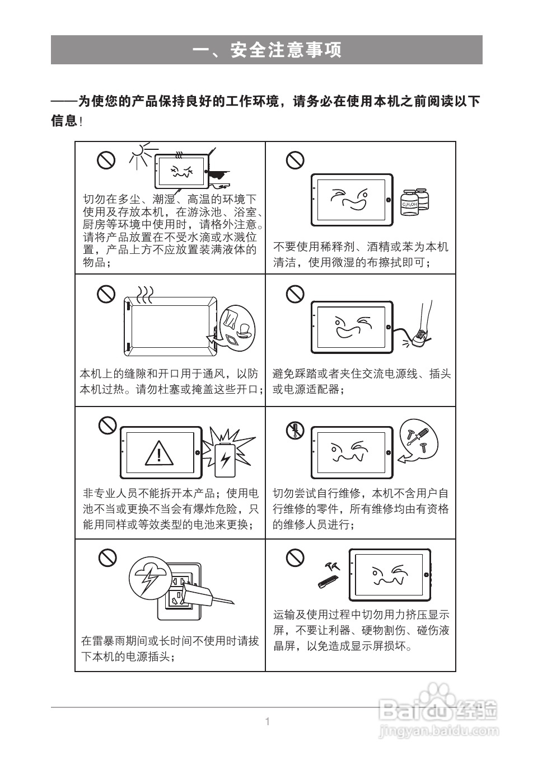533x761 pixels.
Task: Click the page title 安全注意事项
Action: pyautogui.click(x=266, y=50)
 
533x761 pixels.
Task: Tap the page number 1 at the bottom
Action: pyautogui.click(x=267, y=721)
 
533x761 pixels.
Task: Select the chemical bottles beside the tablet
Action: pyautogui.click(x=415, y=201)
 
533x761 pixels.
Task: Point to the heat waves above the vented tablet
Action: pyautogui.click(x=146, y=294)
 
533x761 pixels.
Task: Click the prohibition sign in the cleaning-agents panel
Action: pyautogui.click(x=295, y=160)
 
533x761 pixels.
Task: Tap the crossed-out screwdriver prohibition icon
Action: pyautogui.click(x=294, y=431)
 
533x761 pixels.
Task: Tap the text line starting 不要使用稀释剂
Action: pyautogui.click(x=361, y=247)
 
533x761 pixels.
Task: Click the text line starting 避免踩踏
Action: pyautogui.click(x=361, y=374)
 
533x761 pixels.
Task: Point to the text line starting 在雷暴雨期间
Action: pyautogui.click(x=170, y=641)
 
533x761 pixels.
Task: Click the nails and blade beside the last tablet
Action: pyautogui.click(x=330, y=575)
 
